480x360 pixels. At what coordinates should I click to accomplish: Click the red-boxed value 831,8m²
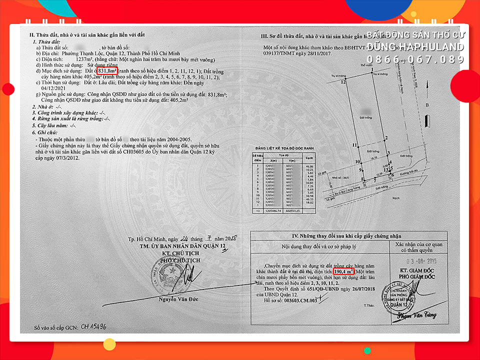107,71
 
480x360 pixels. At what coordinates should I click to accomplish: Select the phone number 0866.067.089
415,59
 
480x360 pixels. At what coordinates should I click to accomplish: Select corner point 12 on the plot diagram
343,81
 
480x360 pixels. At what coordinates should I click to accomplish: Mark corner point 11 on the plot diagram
354,145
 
